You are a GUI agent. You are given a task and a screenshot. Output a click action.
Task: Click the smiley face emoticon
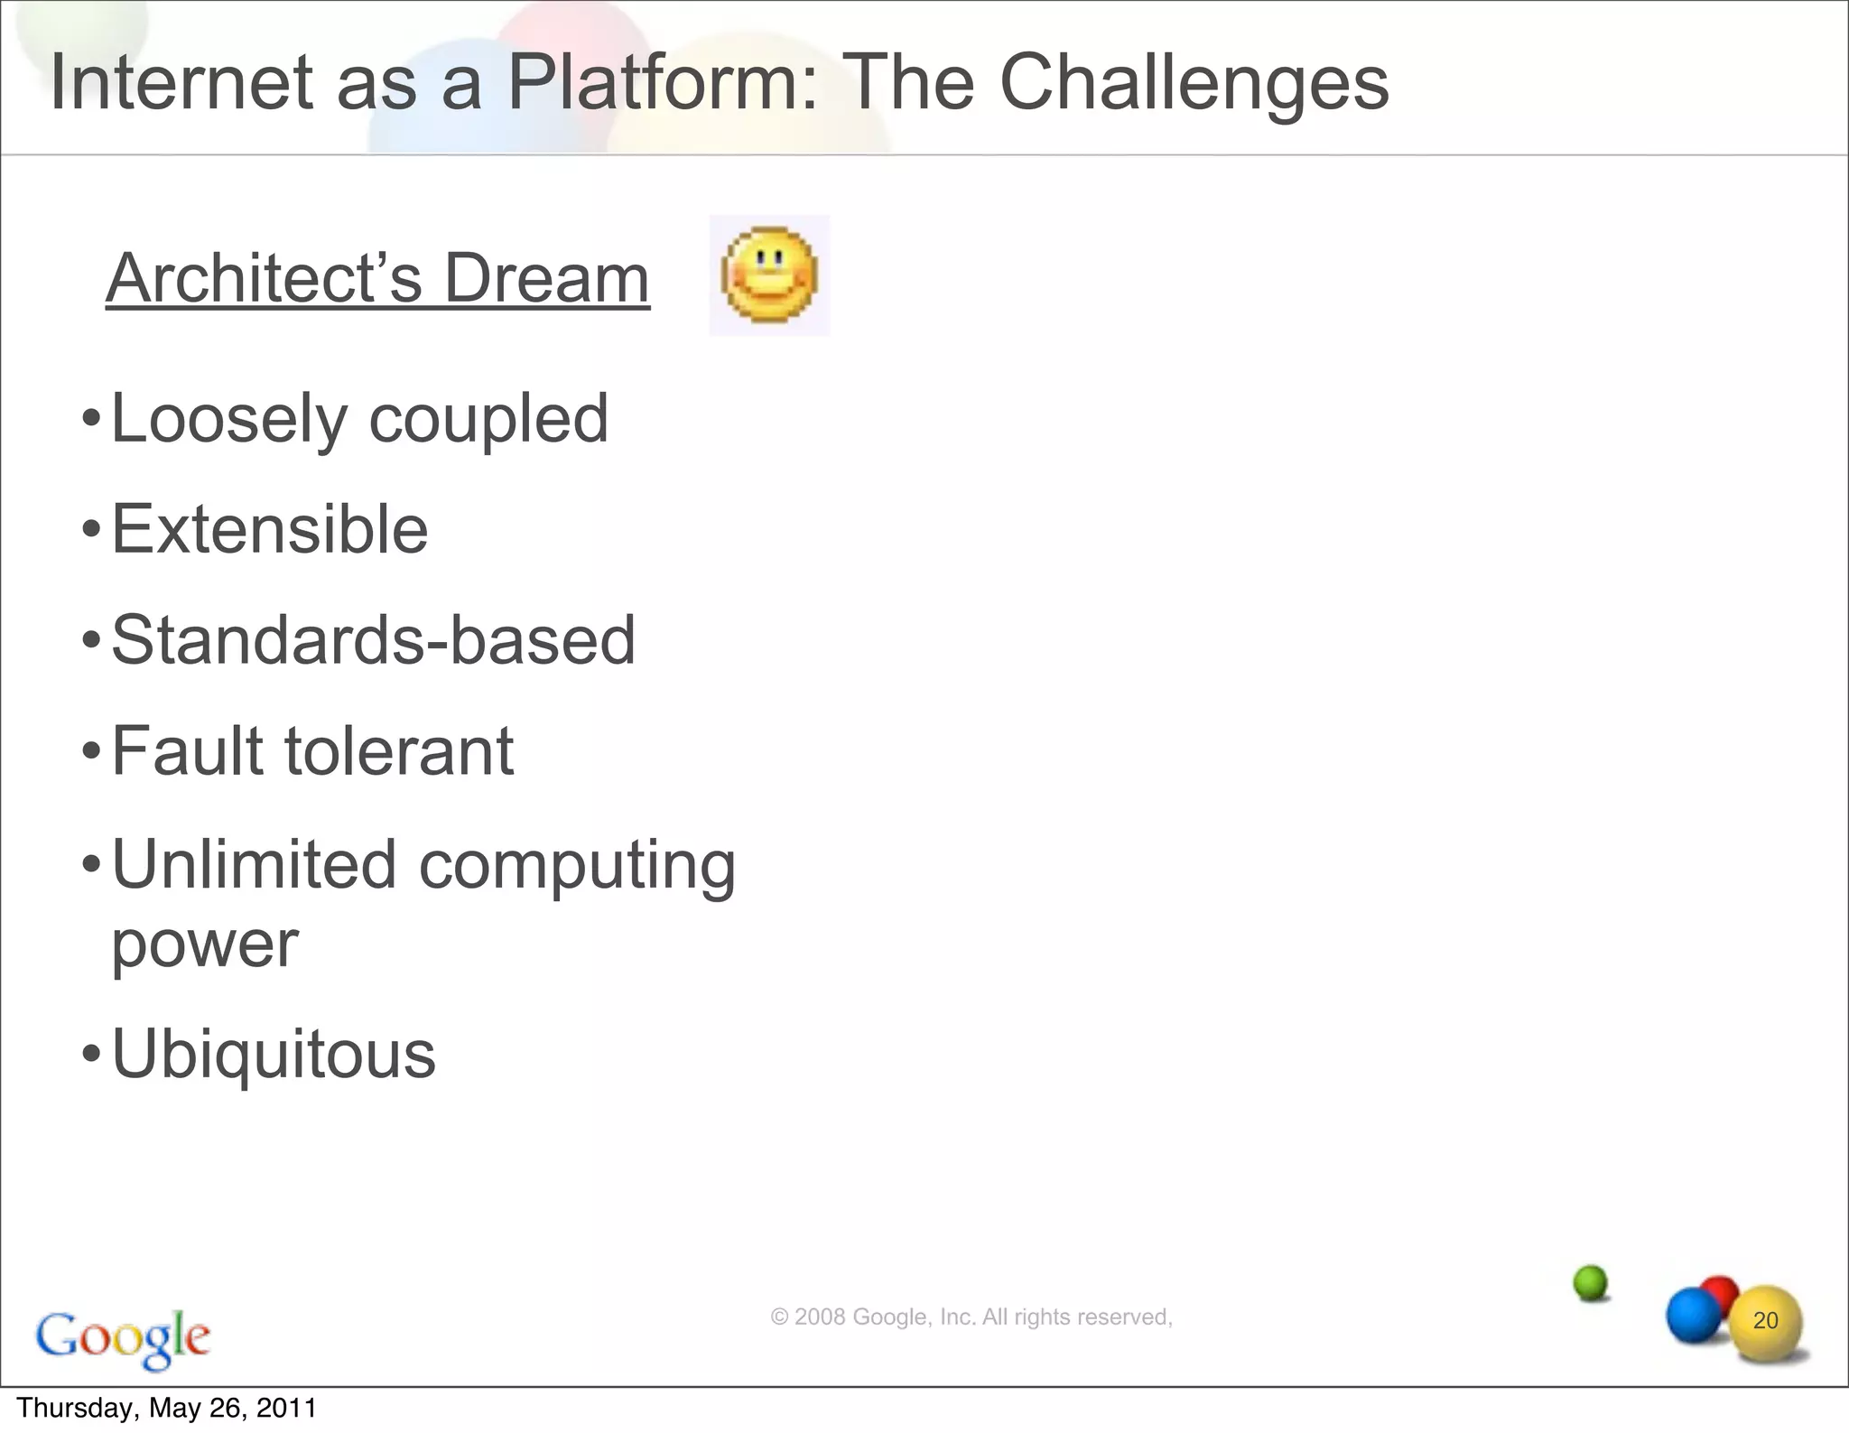769,275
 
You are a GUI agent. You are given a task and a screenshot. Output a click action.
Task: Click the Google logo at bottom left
123,1337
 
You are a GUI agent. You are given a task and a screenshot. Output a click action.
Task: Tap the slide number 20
1765,1320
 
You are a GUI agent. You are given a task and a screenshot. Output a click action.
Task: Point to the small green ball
1591,1282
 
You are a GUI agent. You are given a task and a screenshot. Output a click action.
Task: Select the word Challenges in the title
1194,83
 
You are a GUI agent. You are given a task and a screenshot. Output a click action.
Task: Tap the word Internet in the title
181,83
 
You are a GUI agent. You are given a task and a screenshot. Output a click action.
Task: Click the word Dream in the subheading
546,278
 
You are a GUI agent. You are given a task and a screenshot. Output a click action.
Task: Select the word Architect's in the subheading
264,278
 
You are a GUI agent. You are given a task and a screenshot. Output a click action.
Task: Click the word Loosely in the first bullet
229,419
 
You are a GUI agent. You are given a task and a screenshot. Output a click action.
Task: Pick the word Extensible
269,529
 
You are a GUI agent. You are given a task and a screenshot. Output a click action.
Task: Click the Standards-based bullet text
373,640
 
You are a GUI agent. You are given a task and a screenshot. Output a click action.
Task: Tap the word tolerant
399,751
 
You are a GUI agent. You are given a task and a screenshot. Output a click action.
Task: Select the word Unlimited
254,864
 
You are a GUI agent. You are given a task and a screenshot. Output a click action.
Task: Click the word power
204,945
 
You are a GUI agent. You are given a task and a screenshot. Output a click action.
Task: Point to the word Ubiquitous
273,1054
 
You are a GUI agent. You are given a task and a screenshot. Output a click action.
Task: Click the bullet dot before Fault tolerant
90,751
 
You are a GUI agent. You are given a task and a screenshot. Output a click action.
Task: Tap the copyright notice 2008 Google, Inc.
971,1317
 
